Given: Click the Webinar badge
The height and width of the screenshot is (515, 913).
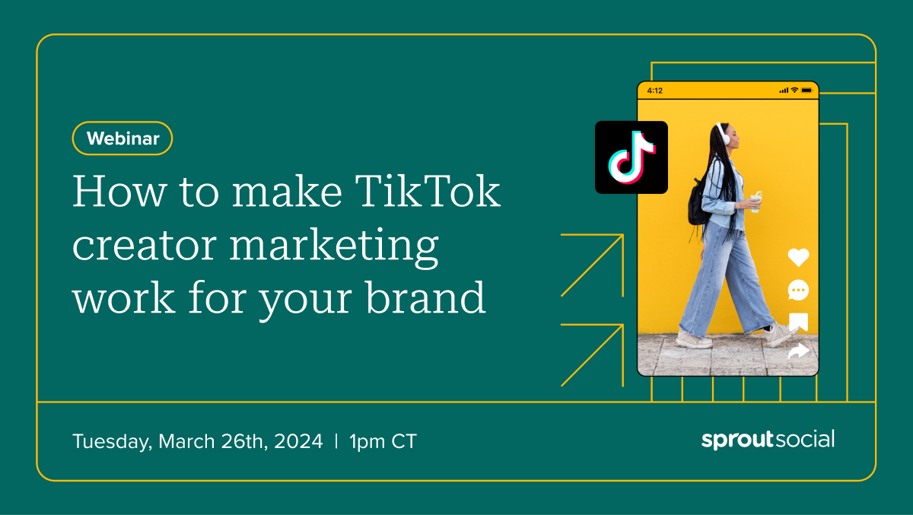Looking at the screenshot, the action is tap(122, 138).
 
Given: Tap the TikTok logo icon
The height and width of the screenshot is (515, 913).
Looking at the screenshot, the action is tap(631, 157).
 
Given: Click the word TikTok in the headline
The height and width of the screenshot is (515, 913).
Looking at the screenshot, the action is tap(428, 191).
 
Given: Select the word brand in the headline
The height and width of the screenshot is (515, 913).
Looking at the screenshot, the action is tap(425, 297).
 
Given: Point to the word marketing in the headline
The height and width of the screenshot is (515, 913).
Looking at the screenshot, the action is tap(334, 247).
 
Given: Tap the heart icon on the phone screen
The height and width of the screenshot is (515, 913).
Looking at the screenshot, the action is tap(798, 257).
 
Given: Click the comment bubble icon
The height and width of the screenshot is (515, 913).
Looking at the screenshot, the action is tap(798, 290).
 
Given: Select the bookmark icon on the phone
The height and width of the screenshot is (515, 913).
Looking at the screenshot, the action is tap(798, 323).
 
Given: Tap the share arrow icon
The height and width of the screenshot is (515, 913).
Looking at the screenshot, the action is tap(798, 351).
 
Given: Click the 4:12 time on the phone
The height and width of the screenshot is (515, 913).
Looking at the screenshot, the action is tap(655, 91).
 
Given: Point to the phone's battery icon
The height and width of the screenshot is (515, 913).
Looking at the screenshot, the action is tap(807, 90).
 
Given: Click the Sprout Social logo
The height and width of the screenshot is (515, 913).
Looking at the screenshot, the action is tap(768, 440).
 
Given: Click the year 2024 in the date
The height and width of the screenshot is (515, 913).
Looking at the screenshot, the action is tap(298, 441).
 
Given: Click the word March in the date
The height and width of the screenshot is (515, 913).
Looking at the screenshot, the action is tap(186, 441).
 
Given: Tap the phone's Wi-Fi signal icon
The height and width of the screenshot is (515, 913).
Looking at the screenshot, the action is tap(794, 90).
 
